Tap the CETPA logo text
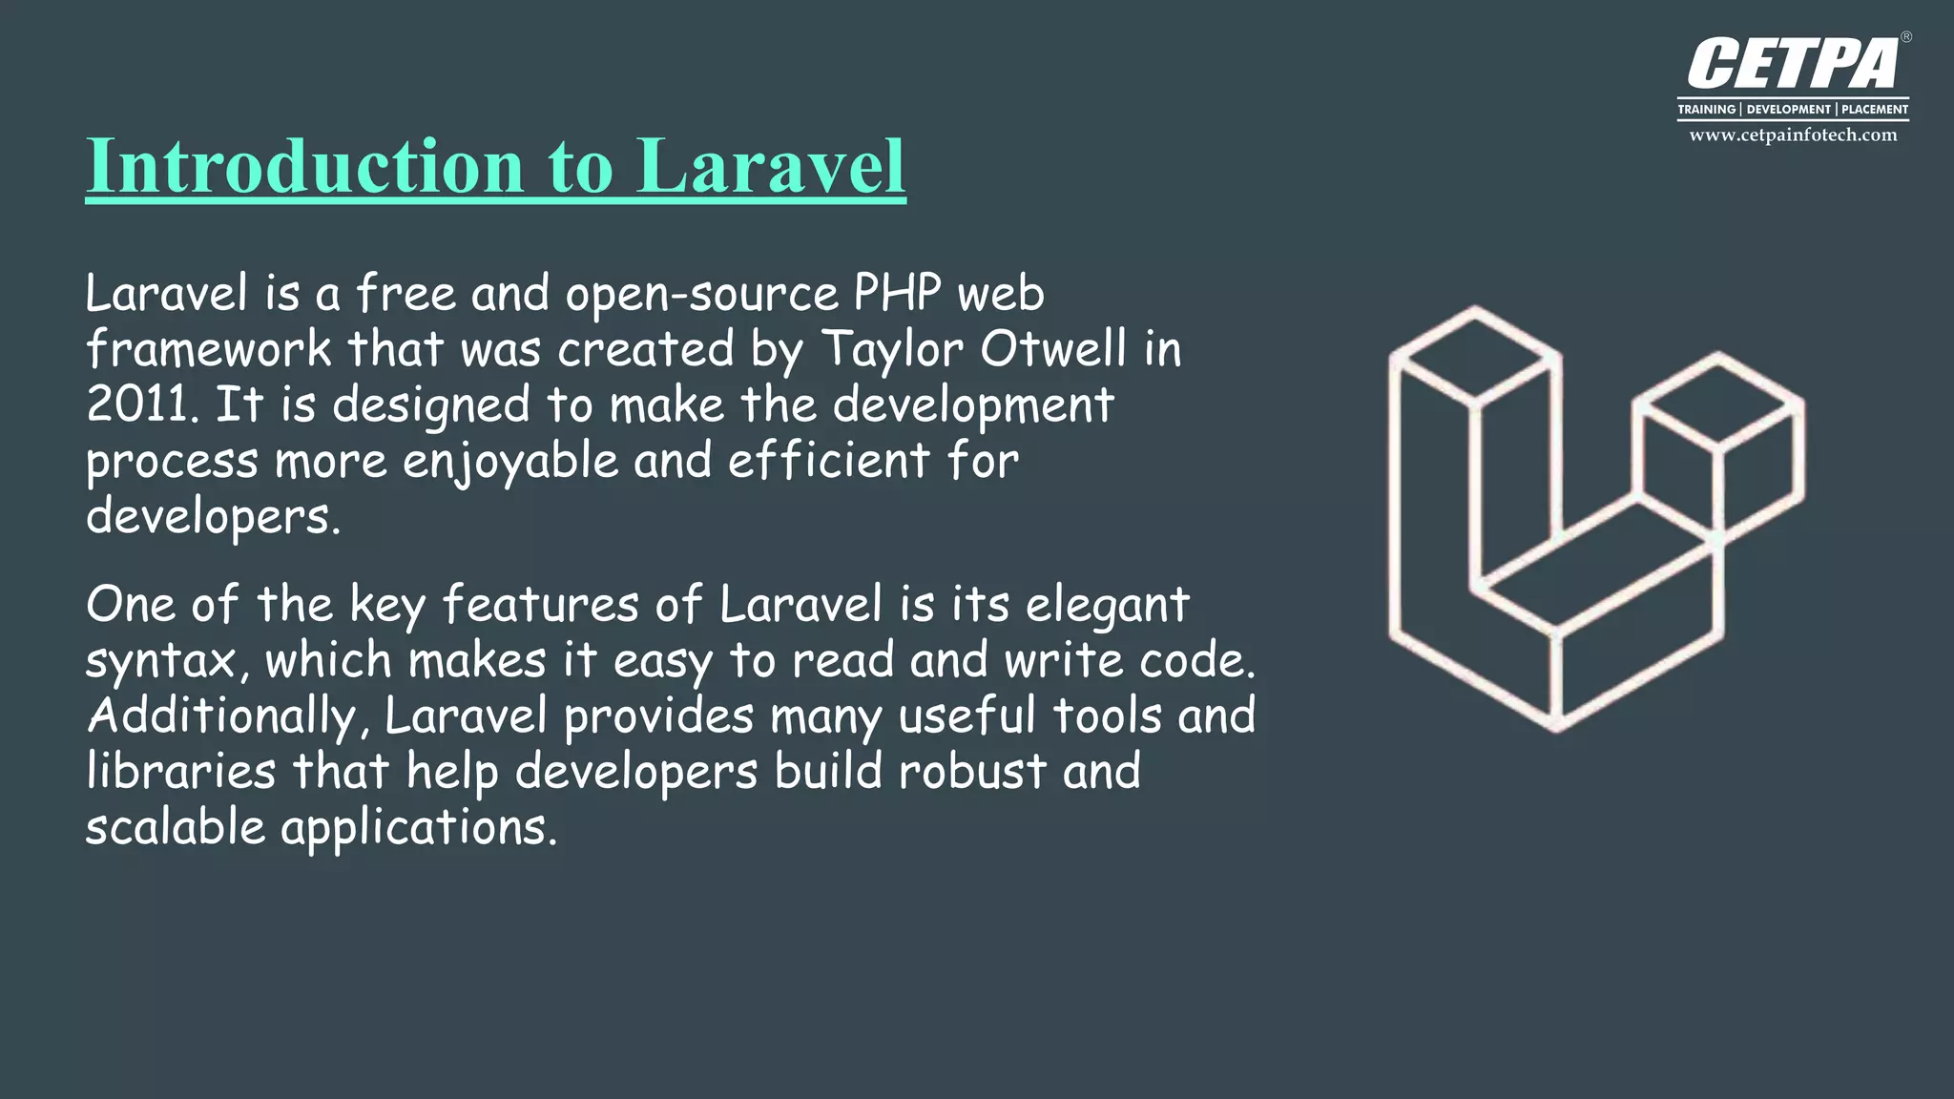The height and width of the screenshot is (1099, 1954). tap(1792, 65)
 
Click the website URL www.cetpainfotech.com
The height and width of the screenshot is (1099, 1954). tap(1793, 135)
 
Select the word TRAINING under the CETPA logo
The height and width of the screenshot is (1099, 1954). tap(1707, 110)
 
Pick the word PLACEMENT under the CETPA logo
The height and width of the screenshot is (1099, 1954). tap(1874, 110)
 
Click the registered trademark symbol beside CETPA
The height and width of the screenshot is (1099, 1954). tap(1905, 37)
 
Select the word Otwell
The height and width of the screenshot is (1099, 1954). tap(1053, 348)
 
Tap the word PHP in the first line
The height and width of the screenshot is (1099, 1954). tap(897, 293)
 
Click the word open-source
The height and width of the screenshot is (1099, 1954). tap(701, 295)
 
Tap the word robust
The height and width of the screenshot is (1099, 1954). tap(972, 771)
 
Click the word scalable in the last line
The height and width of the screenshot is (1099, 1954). tap(176, 826)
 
